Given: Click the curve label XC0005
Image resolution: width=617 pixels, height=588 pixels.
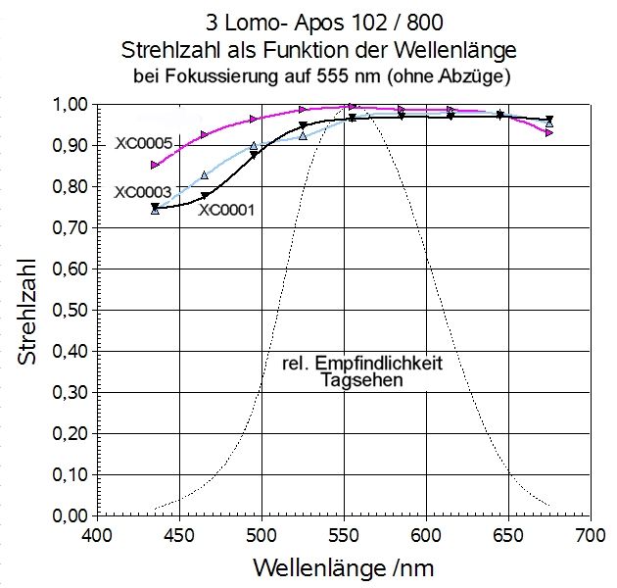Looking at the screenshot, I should click(144, 144).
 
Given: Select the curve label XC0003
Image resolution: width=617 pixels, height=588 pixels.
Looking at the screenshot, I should click(144, 192).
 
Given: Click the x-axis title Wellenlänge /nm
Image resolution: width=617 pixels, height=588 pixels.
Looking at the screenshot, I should click(343, 567).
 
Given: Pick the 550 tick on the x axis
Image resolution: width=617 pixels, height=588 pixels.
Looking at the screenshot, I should click(343, 536).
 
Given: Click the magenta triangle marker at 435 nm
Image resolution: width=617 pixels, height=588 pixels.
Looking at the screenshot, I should click(155, 165).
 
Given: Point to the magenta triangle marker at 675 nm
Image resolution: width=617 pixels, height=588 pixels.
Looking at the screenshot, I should click(549, 132).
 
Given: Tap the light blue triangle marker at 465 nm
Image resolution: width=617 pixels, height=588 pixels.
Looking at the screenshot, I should click(204, 175).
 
